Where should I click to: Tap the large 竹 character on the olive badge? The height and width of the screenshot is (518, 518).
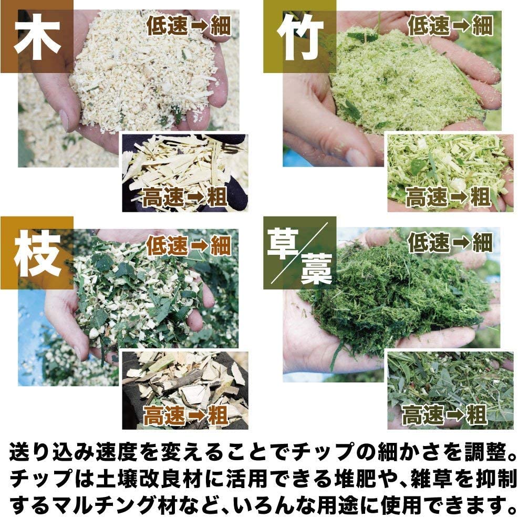(299, 37)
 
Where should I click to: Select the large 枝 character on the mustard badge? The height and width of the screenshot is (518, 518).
(37, 253)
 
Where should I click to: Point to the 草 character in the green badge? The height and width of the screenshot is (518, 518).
(283, 243)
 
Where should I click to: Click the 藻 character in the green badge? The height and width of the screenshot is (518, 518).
(316, 269)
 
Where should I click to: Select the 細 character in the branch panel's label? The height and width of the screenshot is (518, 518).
(221, 245)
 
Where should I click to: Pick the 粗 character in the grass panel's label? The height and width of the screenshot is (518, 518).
(476, 415)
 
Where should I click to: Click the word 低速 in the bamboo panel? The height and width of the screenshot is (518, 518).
(429, 25)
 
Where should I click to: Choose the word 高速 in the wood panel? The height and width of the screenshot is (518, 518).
(163, 197)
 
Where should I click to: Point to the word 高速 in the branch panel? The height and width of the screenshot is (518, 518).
(164, 415)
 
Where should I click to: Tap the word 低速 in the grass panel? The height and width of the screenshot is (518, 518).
(429, 243)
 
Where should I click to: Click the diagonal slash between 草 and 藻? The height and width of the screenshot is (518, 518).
(299, 253)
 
